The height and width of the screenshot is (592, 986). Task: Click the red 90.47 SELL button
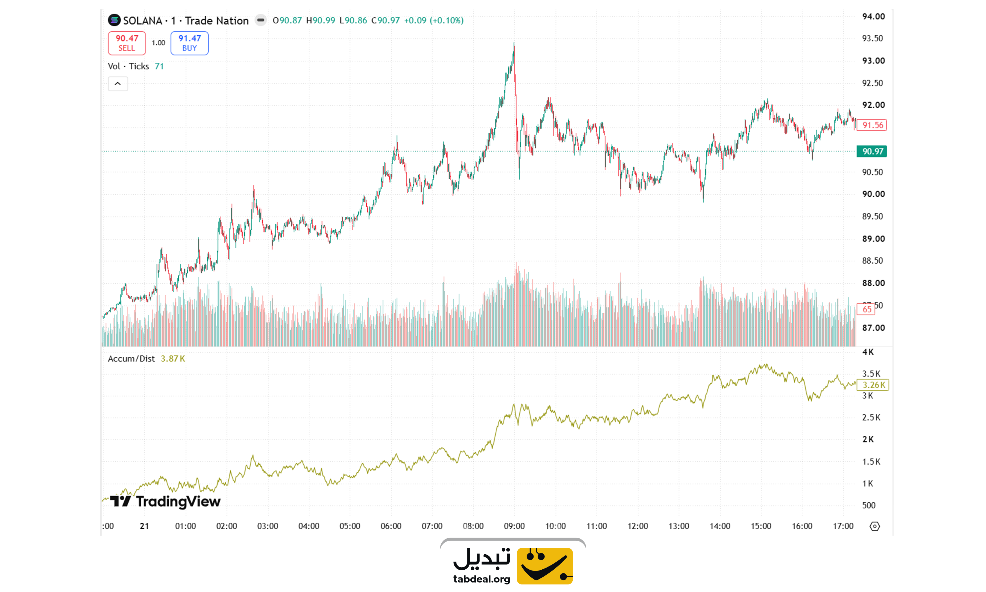[127, 43]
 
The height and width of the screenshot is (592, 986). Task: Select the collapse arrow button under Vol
[118, 84]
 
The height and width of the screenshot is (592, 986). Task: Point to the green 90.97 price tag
[872, 151]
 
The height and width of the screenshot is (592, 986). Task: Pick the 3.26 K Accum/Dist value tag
[873, 385]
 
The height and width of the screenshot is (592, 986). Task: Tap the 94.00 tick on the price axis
[873, 16]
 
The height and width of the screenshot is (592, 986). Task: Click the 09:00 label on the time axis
[514, 526]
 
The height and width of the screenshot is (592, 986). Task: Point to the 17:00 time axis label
[843, 526]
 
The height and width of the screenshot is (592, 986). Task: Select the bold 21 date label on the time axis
[144, 526]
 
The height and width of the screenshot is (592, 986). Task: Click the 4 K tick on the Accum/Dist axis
[868, 352]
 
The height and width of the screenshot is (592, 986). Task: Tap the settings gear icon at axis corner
[874, 526]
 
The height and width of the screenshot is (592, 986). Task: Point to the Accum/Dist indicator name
[131, 359]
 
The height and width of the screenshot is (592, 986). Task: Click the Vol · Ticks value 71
[159, 66]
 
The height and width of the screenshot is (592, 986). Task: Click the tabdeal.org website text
[481, 579]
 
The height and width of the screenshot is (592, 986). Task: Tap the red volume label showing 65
[866, 309]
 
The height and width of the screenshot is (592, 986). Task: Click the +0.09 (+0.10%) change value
[434, 20]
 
